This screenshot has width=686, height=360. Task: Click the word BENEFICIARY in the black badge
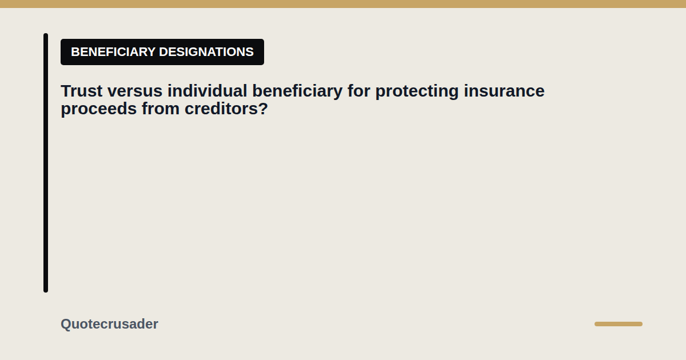(x=113, y=52)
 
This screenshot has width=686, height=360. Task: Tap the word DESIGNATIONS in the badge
(x=206, y=52)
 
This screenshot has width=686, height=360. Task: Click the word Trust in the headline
(x=81, y=91)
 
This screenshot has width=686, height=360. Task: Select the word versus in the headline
(x=135, y=91)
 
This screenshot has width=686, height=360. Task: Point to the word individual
(x=208, y=91)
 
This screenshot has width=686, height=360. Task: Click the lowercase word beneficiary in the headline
(x=297, y=91)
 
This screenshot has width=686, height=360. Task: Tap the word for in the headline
(x=359, y=91)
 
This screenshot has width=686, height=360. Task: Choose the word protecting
(x=417, y=91)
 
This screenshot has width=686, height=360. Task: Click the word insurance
(x=504, y=91)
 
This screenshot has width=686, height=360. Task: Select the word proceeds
(x=98, y=109)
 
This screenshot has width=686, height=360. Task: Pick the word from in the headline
(x=161, y=109)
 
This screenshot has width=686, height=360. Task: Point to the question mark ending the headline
(x=264, y=109)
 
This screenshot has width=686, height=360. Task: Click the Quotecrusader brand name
(x=109, y=324)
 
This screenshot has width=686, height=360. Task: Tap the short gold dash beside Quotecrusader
(x=619, y=324)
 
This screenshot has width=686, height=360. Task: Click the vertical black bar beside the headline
(x=46, y=163)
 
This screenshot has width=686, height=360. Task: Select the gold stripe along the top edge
(x=343, y=4)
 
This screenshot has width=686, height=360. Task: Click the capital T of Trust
(x=66, y=91)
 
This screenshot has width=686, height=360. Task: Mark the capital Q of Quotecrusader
(x=66, y=324)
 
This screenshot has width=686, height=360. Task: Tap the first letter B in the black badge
(x=75, y=52)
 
